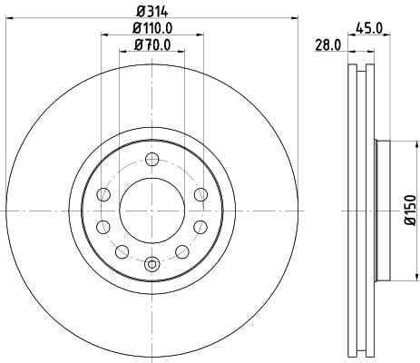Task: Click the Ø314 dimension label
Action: pos(151,12)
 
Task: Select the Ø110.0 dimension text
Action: pos(152,28)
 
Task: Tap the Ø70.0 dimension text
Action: pos(152,45)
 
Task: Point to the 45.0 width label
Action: pos(369,28)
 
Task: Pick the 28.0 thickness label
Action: pos(328,45)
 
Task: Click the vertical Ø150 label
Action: pos(411,210)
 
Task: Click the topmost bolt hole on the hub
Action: pos(151,159)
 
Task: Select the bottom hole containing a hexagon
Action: pos(151,263)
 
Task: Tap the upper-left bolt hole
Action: pos(103,194)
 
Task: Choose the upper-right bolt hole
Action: pos(200,194)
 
